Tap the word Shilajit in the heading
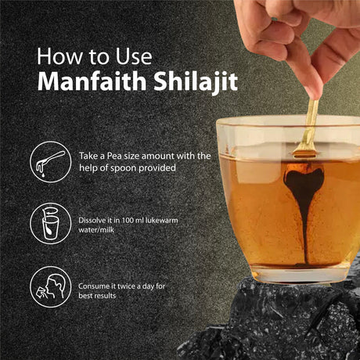(x=196, y=82)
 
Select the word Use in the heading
(x=134, y=56)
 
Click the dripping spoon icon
(x=50, y=162)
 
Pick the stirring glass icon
(x=50, y=224)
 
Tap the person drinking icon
(x=50, y=286)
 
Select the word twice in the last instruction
(x=127, y=286)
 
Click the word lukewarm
(x=161, y=220)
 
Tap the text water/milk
(x=96, y=230)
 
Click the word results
(x=104, y=296)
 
